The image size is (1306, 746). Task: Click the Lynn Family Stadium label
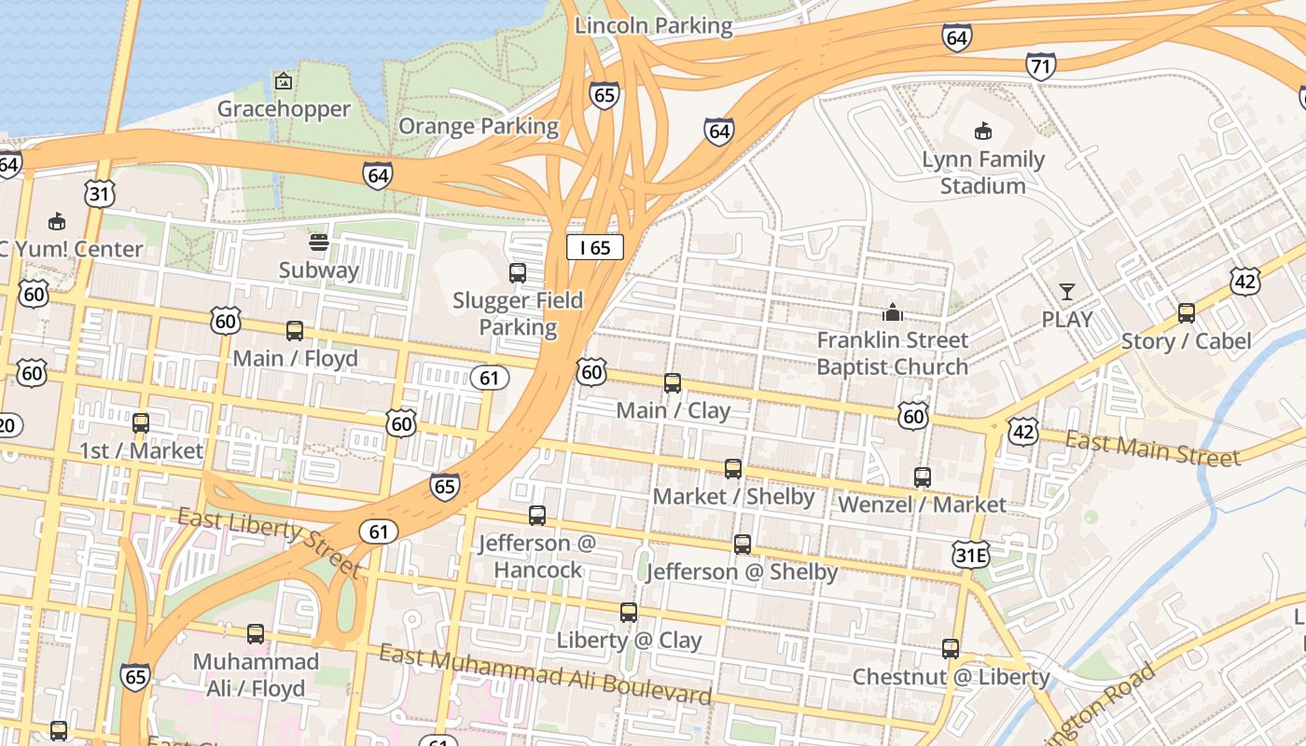click(982, 173)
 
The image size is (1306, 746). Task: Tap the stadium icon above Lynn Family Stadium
click(982, 131)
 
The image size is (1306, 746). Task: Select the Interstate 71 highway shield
click(1040, 66)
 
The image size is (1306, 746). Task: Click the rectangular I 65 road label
click(594, 247)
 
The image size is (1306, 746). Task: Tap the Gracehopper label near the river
click(284, 109)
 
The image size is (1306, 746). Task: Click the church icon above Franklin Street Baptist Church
click(893, 312)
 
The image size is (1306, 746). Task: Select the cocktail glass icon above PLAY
click(1066, 292)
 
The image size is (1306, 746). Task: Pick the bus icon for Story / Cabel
click(1186, 313)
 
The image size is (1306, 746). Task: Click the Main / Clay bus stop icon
click(672, 383)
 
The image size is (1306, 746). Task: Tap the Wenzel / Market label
click(922, 504)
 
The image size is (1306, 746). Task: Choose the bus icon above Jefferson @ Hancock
click(536, 516)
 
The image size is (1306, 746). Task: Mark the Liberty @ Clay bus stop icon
click(629, 613)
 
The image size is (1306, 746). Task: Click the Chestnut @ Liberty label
click(951, 676)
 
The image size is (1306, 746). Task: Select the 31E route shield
click(970, 556)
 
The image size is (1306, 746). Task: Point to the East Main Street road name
click(1153, 449)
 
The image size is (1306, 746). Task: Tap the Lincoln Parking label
click(653, 25)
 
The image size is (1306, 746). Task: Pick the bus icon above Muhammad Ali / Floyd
click(255, 634)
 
